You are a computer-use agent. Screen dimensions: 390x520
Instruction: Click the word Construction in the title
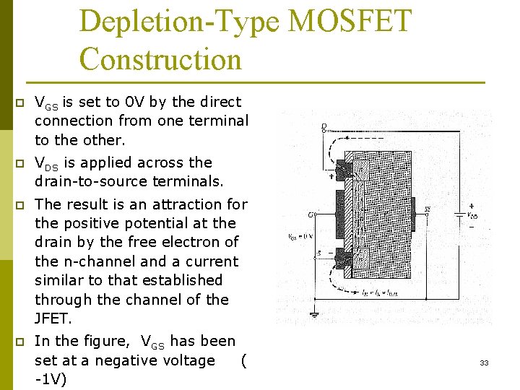pyautogui.click(x=160, y=58)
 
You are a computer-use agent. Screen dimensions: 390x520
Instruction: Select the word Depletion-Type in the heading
pyautogui.click(x=179, y=21)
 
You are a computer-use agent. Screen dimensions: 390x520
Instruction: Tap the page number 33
pyautogui.click(x=484, y=363)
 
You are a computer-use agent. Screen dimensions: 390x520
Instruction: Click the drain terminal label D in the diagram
pyautogui.click(x=324, y=126)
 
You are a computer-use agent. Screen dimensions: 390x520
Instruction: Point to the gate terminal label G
pyautogui.click(x=310, y=214)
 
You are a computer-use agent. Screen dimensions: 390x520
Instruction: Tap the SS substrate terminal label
pyautogui.click(x=428, y=209)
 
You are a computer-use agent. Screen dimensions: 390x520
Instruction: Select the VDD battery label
pyautogui.click(x=472, y=214)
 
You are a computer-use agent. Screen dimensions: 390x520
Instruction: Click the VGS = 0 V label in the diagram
pyautogui.click(x=300, y=236)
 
